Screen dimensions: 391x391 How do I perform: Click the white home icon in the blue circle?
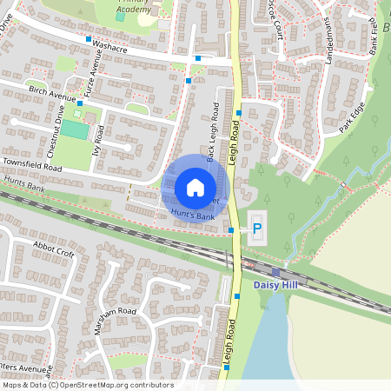point(195,187)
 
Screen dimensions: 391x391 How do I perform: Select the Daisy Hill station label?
point(277,284)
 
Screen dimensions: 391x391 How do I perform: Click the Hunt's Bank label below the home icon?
point(192,214)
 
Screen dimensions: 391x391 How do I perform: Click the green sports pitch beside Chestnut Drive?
point(75,129)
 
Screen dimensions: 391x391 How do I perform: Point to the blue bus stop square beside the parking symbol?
point(231,230)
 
